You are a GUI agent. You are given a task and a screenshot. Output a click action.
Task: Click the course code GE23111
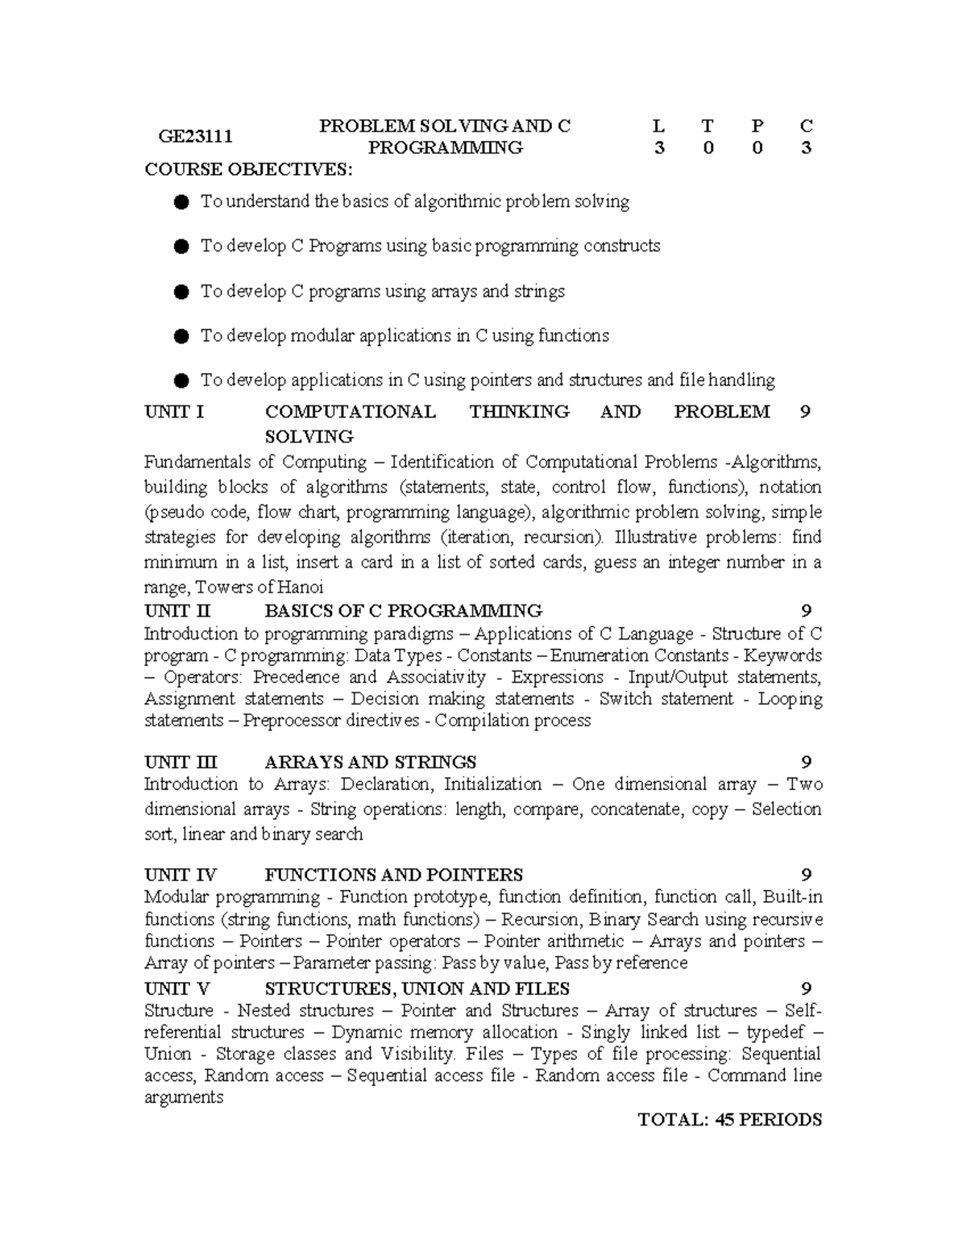195,136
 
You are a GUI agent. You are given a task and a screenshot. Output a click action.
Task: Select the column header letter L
659,126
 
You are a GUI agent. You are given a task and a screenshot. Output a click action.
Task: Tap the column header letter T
708,126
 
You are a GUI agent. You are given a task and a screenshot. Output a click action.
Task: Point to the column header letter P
757,126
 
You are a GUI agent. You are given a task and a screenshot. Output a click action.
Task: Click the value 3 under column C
806,148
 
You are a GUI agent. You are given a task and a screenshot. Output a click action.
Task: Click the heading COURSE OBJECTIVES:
248,169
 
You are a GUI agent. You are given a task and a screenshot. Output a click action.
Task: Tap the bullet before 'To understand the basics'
181,202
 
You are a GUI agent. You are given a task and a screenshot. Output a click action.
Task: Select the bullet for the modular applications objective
181,335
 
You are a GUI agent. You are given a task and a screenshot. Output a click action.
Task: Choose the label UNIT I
174,412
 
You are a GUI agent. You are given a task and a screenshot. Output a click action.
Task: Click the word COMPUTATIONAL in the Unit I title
350,412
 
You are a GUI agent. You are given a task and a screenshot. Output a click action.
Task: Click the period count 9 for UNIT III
806,762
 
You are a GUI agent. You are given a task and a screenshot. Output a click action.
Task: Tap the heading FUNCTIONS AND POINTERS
393,875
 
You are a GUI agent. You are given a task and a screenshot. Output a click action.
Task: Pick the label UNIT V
177,988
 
